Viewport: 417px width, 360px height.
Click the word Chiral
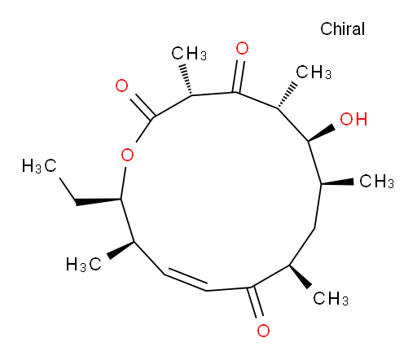tap(342, 29)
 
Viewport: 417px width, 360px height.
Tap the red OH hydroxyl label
tap(353, 119)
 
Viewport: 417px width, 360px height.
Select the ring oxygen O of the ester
tap(127, 155)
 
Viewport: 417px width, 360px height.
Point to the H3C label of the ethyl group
tap(39, 166)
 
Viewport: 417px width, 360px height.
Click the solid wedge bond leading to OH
tap(322, 133)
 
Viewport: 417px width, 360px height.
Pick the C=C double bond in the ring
tap(186, 279)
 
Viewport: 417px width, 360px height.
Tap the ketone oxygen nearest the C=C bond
tap(263, 331)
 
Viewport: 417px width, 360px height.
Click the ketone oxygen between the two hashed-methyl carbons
tap(242, 48)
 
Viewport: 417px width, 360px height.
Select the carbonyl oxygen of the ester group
tap(121, 86)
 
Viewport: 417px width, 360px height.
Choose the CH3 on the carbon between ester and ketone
tap(189, 53)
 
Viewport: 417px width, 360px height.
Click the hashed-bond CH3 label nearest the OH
tap(314, 72)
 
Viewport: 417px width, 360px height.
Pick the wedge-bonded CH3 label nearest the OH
tap(376, 181)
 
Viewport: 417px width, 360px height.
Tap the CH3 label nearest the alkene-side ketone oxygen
tap(331, 298)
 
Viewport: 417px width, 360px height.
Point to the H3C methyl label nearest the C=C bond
tap(83, 264)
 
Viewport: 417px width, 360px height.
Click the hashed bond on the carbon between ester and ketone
tap(187, 80)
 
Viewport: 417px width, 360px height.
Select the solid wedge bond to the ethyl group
tap(99, 201)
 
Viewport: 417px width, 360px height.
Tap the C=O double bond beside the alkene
tap(255, 302)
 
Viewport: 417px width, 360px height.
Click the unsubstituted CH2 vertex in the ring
tap(314, 228)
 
